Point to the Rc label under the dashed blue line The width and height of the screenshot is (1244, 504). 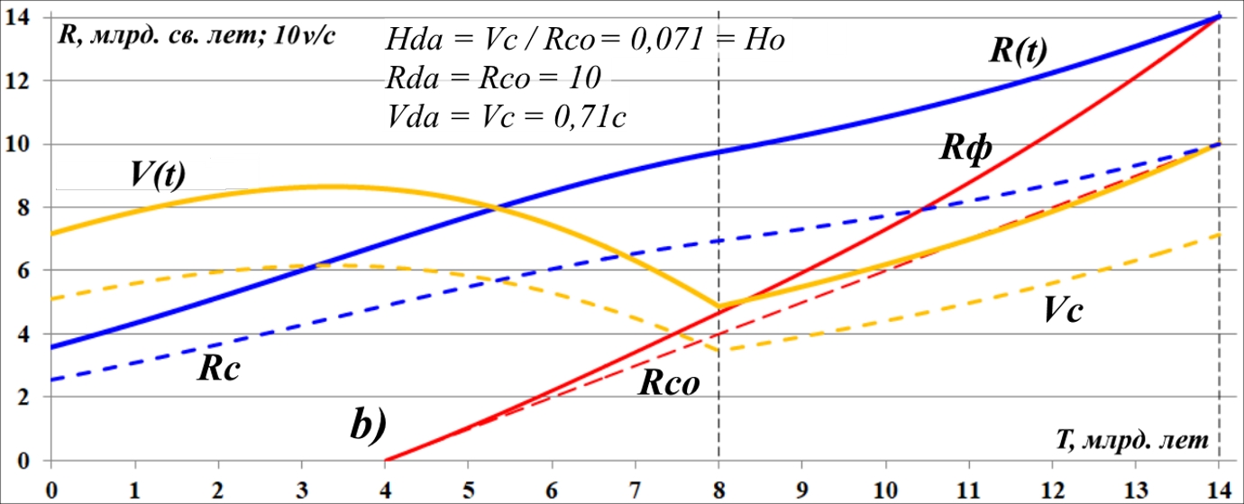(x=219, y=370)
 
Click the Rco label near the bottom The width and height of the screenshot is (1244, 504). (x=670, y=385)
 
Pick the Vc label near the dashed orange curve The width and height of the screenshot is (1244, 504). (x=1063, y=311)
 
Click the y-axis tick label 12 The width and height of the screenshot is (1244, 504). (x=18, y=81)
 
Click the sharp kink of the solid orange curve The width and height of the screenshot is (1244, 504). (x=718, y=307)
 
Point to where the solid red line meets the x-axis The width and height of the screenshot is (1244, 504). (x=385, y=461)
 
